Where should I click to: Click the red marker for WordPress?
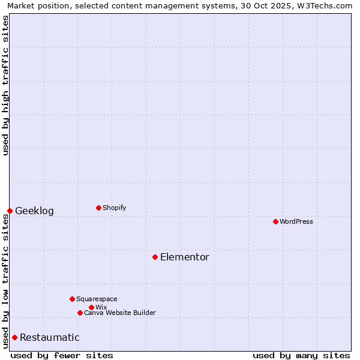tap(275, 221)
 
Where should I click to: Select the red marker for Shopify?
tap(98, 208)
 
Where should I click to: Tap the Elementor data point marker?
tap(155, 257)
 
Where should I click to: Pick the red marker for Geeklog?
tap(10, 211)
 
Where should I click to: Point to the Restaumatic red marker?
tap(14, 337)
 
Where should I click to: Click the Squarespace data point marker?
tap(72, 299)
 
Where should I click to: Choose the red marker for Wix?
tap(91, 307)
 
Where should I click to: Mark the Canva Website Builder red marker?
tap(80, 313)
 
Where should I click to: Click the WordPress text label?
tap(296, 221)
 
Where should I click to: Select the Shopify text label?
tap(115, 208)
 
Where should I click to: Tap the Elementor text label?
tap(185, 257)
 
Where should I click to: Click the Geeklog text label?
tap(34, 211)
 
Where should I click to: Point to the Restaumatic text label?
tap(50, 337)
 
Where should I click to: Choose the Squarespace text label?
tap(97, 299)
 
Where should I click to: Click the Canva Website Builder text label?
tap(120, 313)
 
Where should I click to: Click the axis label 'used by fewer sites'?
tap(62, 355)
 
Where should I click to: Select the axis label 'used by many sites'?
tap(301, 355)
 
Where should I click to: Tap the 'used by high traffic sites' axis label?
tap(5, 85)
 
